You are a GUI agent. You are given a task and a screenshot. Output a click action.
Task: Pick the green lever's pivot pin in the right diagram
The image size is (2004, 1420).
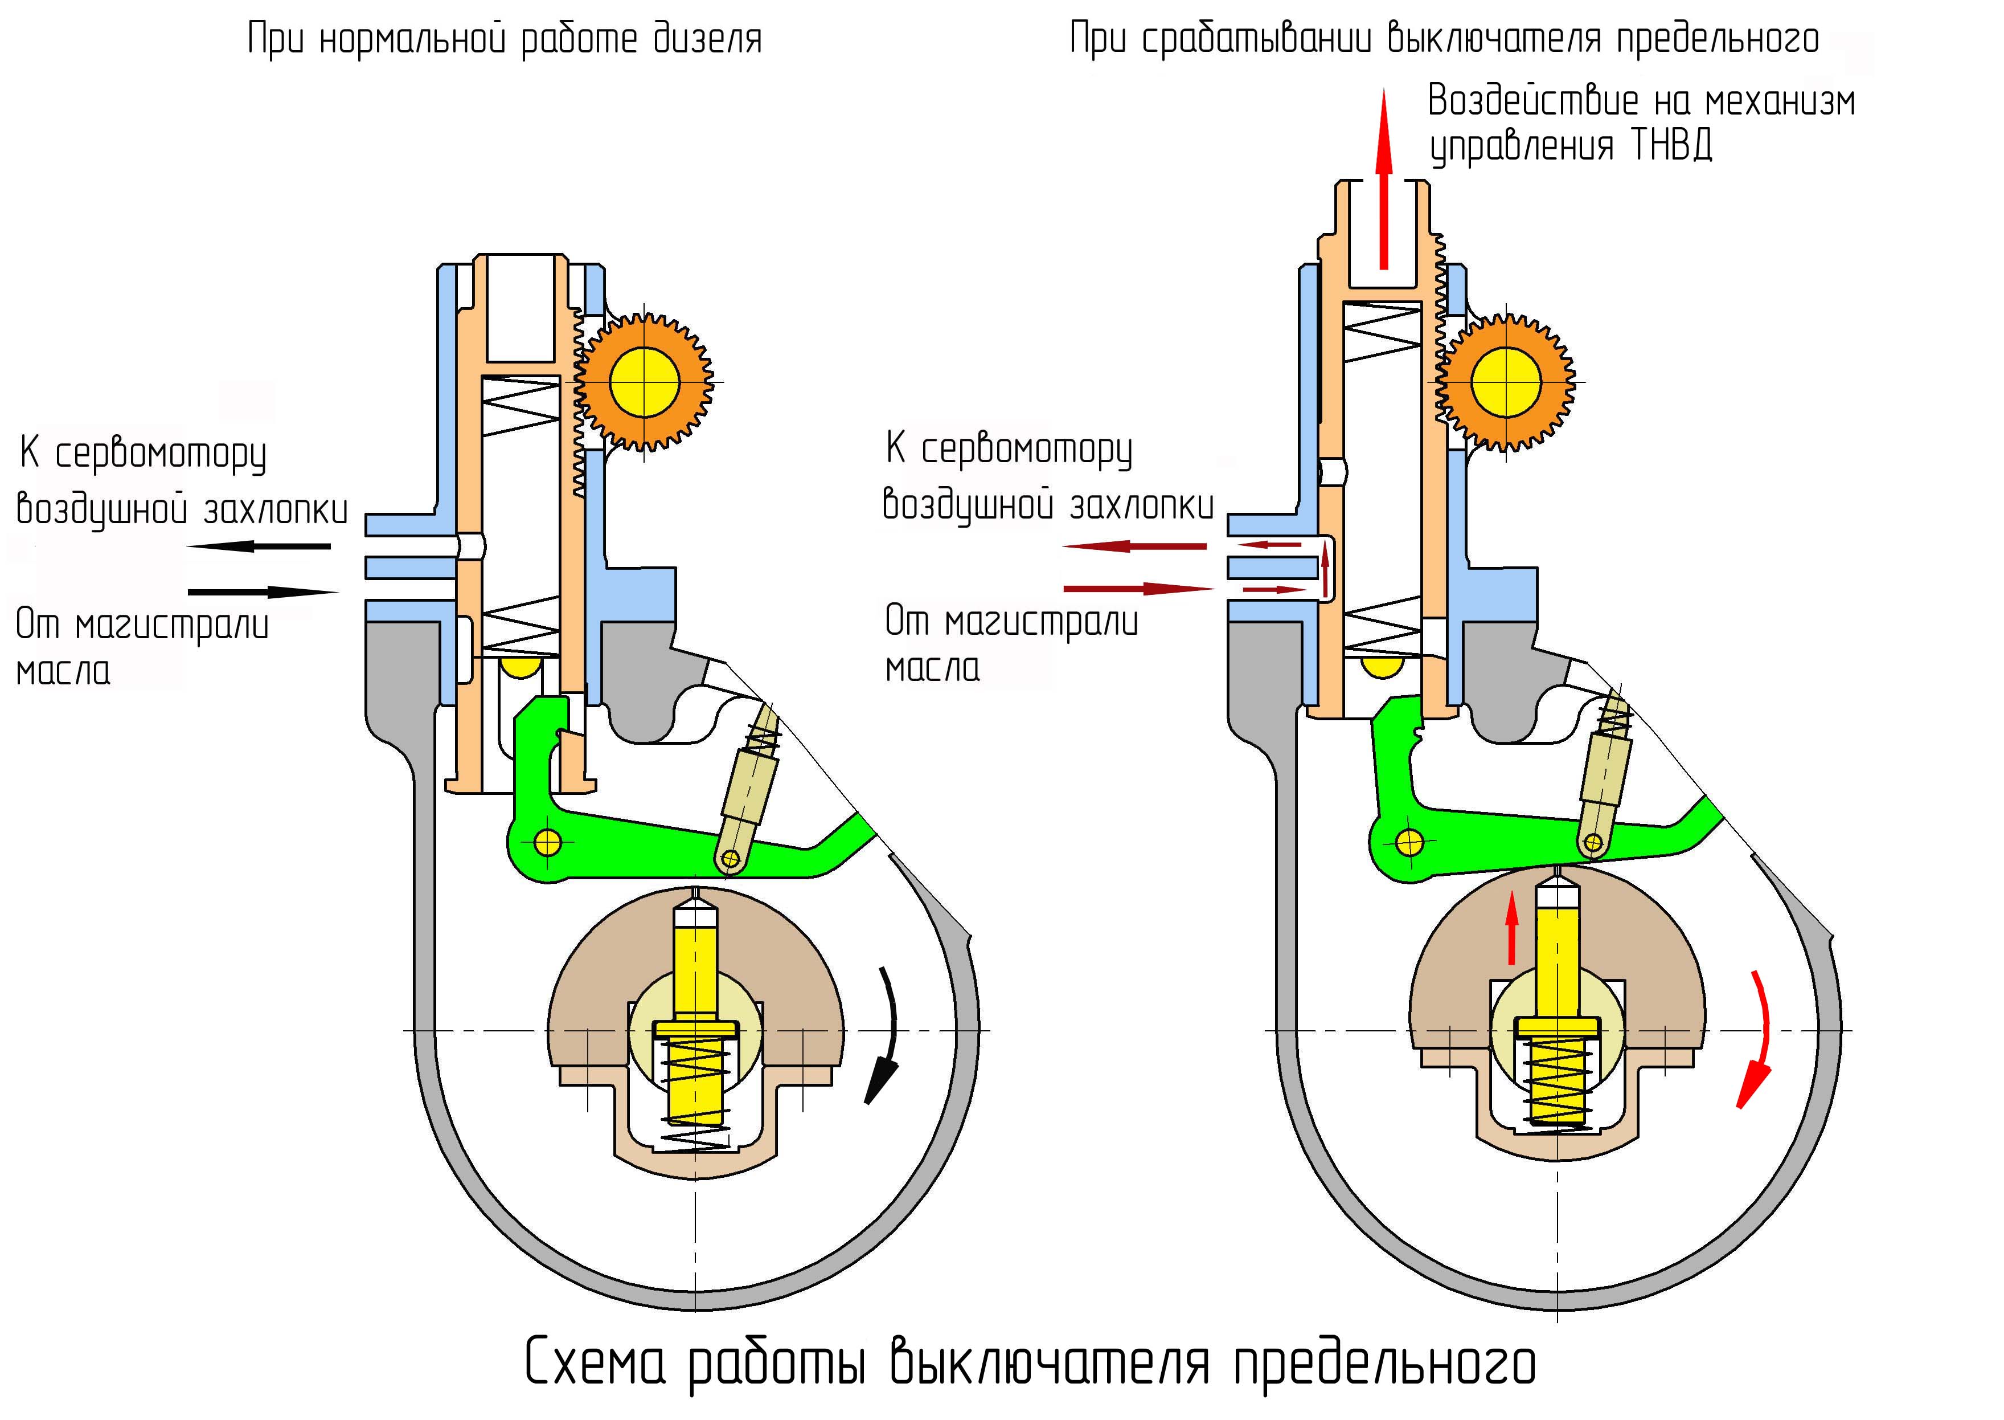[x=1409, y=842]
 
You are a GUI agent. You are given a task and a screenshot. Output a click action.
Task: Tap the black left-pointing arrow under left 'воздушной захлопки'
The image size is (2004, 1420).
[x=259, y=546]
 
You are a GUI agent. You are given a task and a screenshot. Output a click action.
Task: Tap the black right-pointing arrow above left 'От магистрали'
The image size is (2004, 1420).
[x=262, y=592]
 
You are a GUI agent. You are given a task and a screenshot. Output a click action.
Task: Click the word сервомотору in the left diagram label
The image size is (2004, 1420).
[x=161, y=455]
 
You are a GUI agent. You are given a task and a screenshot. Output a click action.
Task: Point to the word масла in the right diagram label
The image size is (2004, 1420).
[x=932, y=668]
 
